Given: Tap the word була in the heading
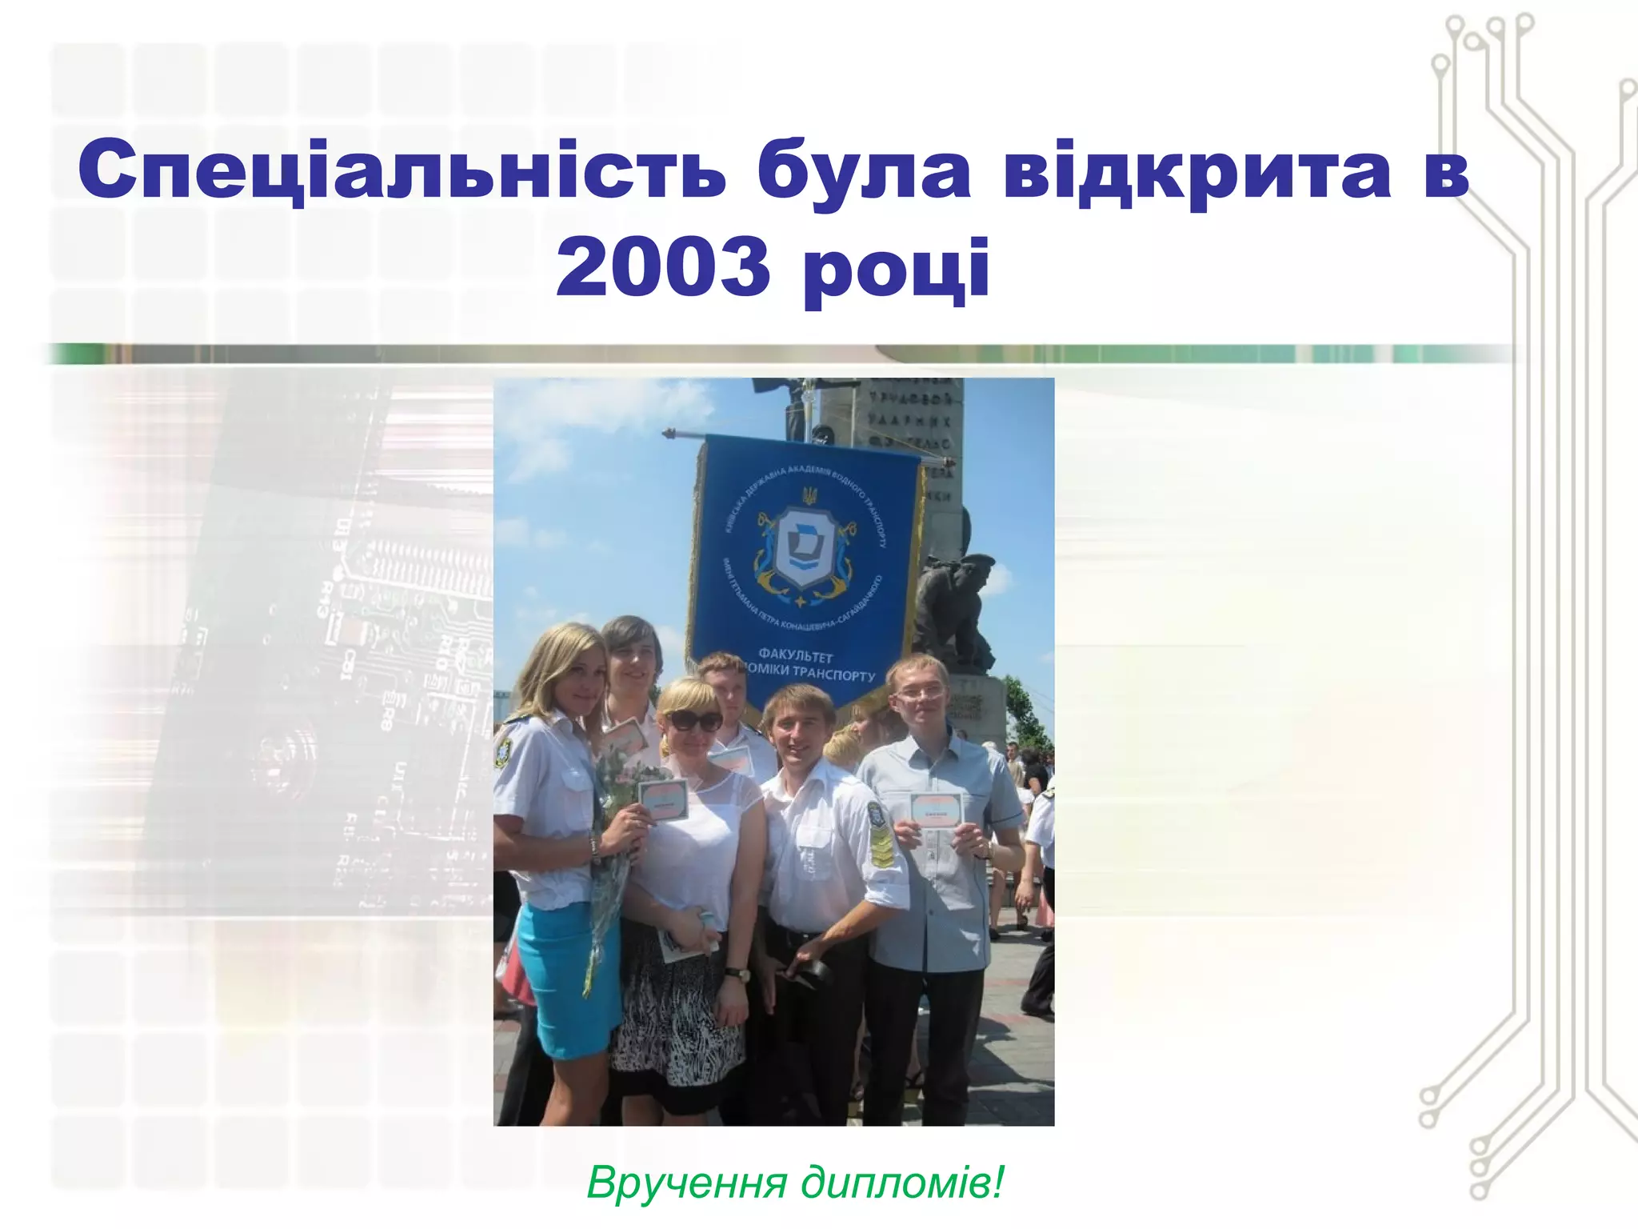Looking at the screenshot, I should pos(863,171).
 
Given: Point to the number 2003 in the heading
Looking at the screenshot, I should pos(663,267).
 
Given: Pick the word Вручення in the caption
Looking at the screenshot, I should pos(687,1182).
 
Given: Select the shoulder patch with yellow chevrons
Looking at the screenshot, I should pos(881,843).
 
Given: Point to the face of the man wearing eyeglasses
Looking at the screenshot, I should pos(919,697).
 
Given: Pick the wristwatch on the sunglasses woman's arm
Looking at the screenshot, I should pos(738,975).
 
